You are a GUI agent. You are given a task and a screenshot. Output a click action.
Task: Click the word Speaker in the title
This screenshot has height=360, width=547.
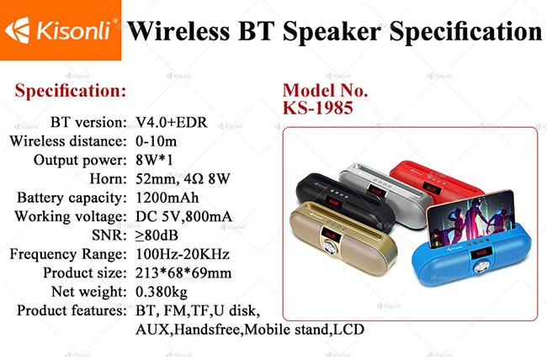coord(332,32)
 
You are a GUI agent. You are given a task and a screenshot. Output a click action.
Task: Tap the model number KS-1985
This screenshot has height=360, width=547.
coord(318,108)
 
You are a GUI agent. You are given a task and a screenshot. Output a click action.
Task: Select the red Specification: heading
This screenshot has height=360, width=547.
coord(71,91)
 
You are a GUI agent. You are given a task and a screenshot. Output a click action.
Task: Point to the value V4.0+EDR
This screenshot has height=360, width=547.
coord(172,123)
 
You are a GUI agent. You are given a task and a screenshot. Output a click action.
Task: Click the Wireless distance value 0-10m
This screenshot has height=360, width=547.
coord(157,141)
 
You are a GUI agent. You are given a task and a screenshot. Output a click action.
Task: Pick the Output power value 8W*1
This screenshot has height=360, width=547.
coord(154,160)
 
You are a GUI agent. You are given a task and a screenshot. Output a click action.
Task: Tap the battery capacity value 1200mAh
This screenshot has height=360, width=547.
coord(167,198)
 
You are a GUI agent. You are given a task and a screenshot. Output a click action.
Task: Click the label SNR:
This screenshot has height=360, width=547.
coord(109,236)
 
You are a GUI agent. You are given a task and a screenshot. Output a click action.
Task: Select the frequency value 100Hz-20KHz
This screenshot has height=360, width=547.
coord(183,254)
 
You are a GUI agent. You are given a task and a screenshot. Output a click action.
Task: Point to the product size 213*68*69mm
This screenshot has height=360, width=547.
coord(183,273)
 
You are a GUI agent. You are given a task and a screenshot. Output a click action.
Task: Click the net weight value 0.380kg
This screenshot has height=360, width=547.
coord(162,292)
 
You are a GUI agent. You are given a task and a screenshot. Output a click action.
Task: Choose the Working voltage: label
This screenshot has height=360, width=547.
coord(71,217)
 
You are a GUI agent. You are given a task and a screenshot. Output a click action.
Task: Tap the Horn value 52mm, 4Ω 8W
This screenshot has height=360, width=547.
coord(183,179)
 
